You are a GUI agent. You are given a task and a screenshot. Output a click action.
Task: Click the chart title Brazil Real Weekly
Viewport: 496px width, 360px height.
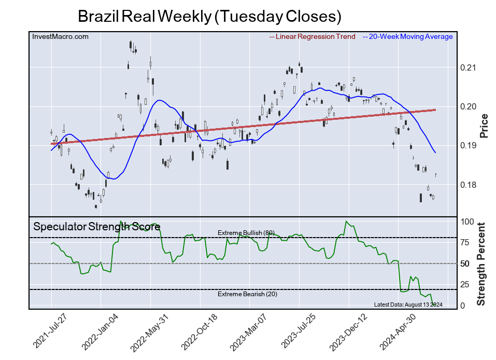[209, 16]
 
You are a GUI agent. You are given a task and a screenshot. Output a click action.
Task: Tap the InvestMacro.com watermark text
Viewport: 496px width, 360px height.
[60, 36]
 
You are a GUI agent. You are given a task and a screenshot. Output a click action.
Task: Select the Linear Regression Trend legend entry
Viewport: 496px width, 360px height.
[313, 36]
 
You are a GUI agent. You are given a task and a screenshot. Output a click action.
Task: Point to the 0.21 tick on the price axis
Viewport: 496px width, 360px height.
[468, 68]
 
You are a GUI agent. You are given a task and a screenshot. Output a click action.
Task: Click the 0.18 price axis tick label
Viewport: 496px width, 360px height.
[468, 185]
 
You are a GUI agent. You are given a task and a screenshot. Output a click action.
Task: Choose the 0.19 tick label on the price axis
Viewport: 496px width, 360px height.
[468, 146]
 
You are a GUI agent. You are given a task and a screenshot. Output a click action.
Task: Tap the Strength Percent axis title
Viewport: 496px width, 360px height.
[481, 264]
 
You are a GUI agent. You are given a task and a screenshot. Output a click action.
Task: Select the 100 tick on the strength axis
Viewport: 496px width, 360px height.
[467, 221]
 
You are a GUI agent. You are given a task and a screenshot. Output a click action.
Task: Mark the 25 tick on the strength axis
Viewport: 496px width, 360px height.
[465, 284]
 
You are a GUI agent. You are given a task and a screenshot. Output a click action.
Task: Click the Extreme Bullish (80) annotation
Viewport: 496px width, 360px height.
[245, 232]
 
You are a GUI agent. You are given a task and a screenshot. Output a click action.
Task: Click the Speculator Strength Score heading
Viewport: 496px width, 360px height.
[96, 227]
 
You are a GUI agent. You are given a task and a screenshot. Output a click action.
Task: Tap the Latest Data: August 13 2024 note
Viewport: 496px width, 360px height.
[408, 304]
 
